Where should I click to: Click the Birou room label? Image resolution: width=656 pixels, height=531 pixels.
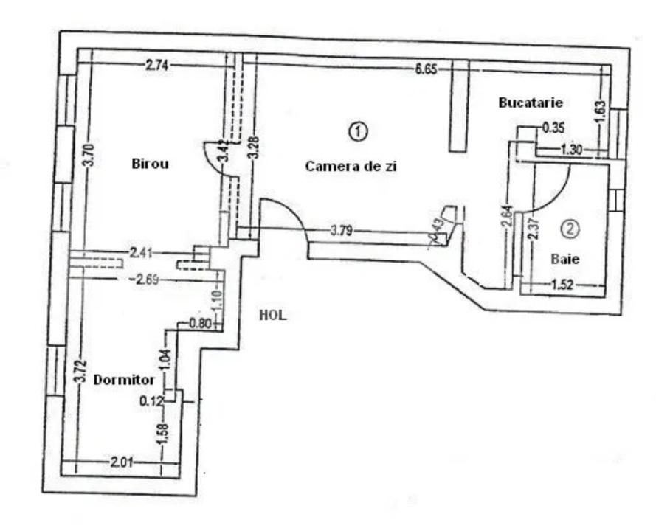tap(151, 164)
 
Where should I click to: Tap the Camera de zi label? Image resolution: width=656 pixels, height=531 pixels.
tap(352, 167)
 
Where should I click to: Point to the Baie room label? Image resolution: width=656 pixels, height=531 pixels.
tap(565, 259)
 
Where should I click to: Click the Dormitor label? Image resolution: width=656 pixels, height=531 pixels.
tap(124, 381)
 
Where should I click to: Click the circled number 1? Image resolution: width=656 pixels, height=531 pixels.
tap(357, 131)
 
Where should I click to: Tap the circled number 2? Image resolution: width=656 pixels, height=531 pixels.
tap(570, 229)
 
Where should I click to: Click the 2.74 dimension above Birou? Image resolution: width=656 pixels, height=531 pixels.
tap(156, 66)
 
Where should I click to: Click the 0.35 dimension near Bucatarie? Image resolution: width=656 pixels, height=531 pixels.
tap(553, 128)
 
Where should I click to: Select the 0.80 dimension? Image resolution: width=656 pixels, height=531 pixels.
tap(201, 322)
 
